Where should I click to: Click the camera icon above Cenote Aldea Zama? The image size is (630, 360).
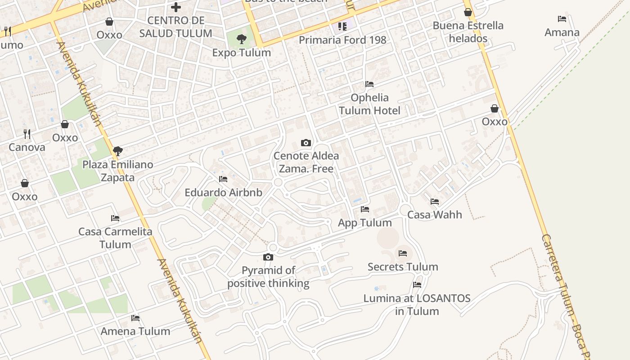coord(306,143)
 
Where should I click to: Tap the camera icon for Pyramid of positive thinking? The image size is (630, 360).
coord(268,257)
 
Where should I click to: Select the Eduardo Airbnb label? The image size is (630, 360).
coord(223,193)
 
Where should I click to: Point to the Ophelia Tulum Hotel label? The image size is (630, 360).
coord(369,104)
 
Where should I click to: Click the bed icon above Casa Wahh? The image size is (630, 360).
coord(435,202)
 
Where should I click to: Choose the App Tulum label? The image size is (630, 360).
coord(365,223)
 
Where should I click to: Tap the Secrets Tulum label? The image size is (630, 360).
coord(403,267)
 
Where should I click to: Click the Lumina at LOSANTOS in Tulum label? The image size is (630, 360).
coord(417,305)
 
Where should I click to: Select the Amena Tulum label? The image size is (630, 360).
coord(135,332)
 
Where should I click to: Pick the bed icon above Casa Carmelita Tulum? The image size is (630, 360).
coord(115,218)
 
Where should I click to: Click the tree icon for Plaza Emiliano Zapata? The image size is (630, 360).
coord(118,151)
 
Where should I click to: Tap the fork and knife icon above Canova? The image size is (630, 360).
coord(27,134)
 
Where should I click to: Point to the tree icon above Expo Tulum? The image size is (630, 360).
coord(242,39)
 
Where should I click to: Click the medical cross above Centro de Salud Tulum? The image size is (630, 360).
coord(176,7)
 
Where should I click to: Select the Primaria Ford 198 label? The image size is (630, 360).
coord(342,40)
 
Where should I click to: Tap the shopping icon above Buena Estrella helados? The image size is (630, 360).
coord(468,12)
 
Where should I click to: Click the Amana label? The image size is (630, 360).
coord(562,32)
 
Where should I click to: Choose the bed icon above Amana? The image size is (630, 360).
coord(562,19)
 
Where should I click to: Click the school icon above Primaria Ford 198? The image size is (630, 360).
coord(342,27)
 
